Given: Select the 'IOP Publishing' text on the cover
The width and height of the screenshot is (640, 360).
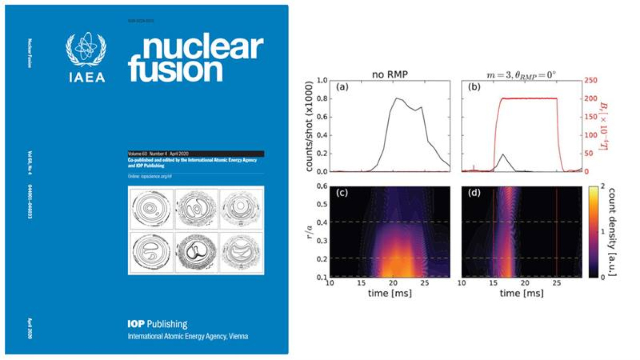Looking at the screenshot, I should [157, 324].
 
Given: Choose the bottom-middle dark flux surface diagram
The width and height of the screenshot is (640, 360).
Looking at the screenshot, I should [196, 252].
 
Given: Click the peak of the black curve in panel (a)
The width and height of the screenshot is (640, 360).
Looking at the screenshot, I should [396, 98].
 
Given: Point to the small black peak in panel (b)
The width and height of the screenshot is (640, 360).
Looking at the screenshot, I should [503, 155].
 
